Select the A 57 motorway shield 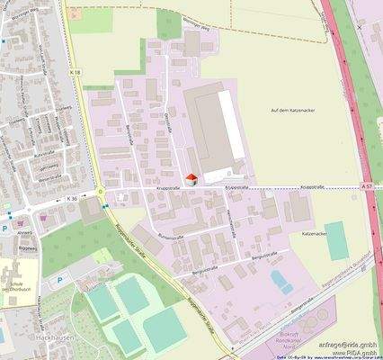tap(366, 185)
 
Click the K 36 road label tap(72, 197)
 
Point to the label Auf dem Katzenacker tap(289, 110)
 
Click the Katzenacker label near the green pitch tap(314, 233)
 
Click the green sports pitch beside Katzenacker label tap(339, 247)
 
